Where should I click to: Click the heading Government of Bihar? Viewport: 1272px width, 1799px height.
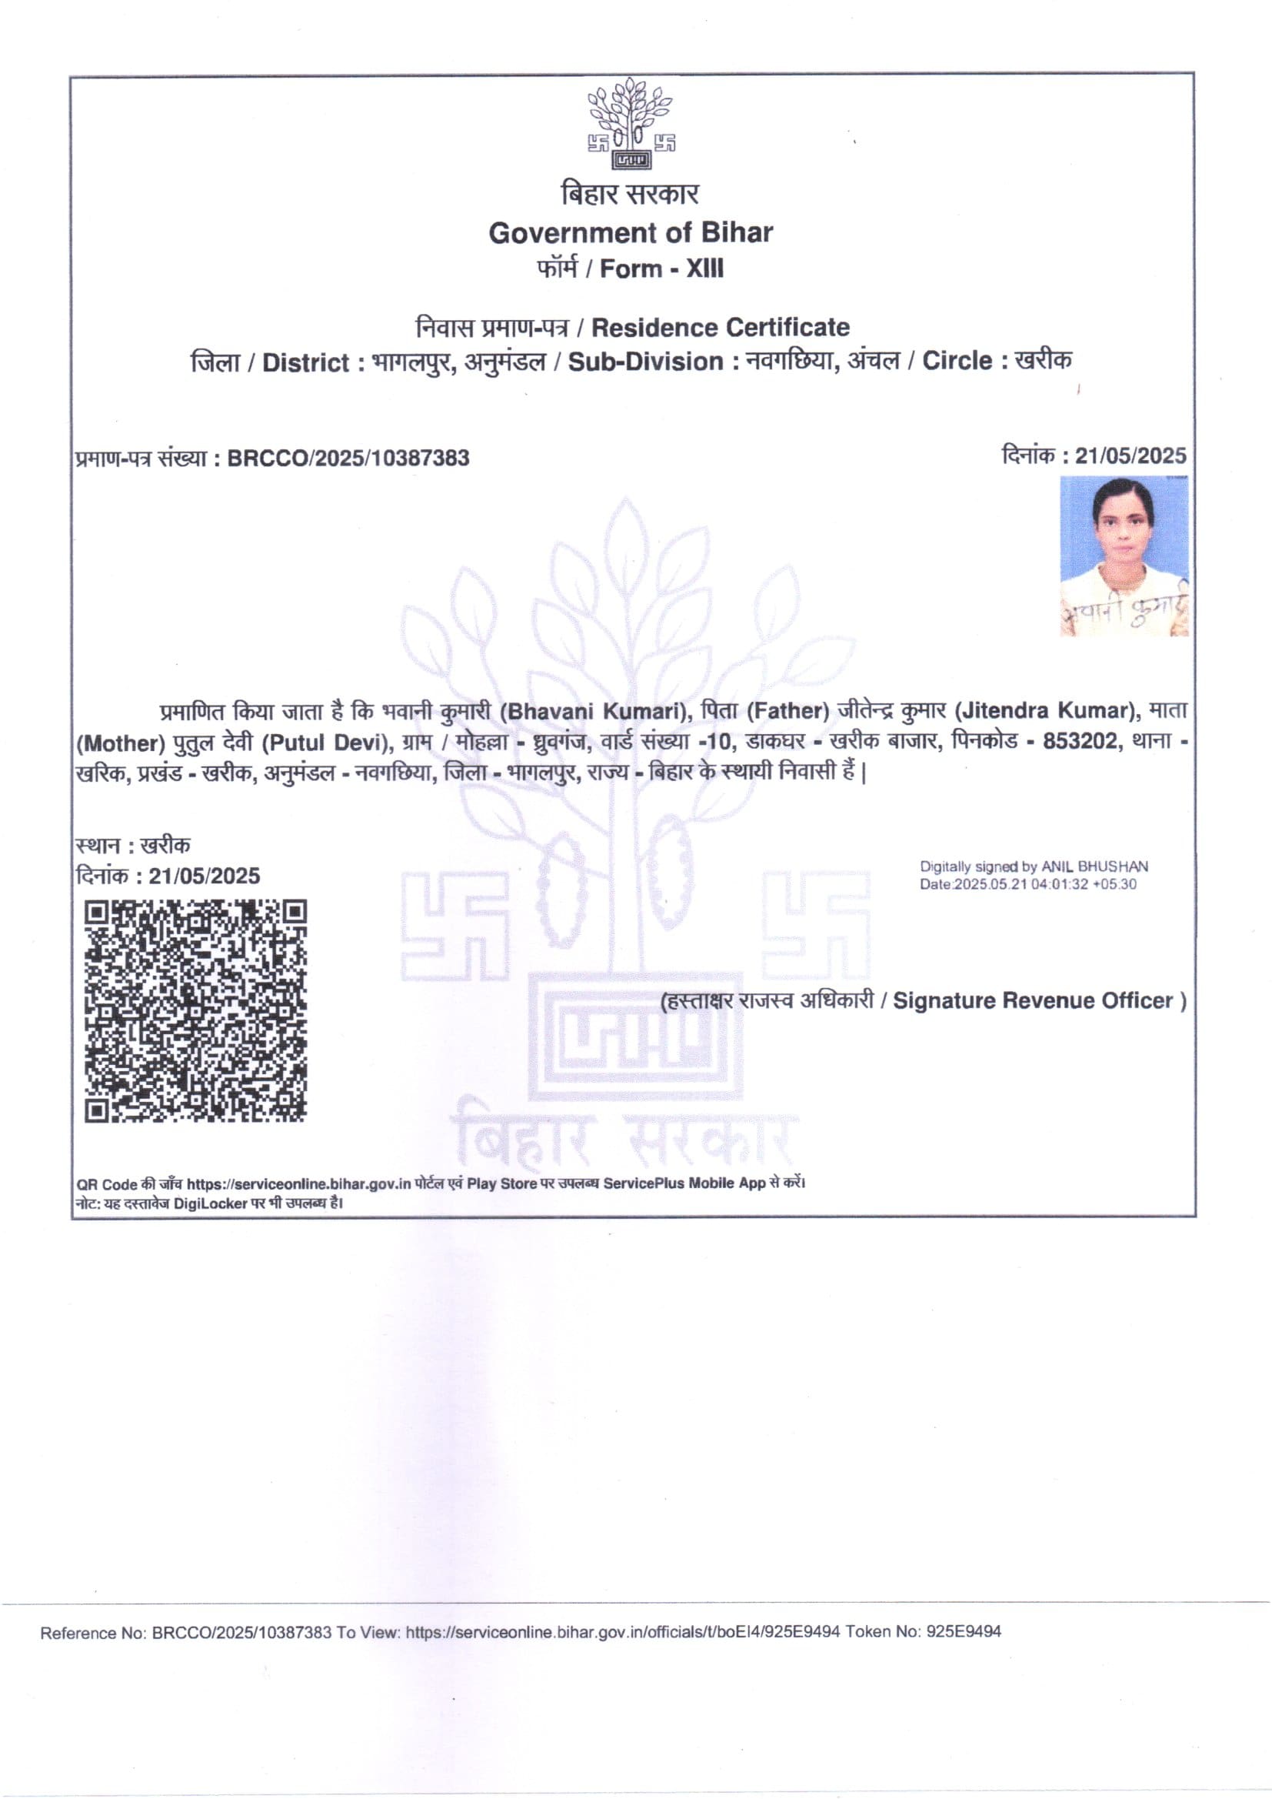coord(631,232)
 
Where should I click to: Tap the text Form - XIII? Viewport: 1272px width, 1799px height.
coord(662,269)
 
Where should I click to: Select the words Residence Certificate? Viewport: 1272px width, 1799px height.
coord(720,327)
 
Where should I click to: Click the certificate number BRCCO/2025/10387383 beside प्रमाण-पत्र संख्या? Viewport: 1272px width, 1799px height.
coord(348,459)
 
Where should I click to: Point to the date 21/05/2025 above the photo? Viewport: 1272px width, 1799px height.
coord(1130,456)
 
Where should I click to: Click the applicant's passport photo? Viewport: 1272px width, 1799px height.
coord(1124,556)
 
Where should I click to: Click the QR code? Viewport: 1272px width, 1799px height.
coord(195,1011)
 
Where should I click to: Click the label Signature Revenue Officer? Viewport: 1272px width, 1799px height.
coord(1032,1000)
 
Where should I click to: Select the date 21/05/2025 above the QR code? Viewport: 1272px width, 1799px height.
coord(204,875)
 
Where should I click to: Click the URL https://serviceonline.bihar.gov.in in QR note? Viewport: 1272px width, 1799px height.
coord(298,1183)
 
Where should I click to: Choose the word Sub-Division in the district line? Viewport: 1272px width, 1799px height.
coord(645,362)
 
